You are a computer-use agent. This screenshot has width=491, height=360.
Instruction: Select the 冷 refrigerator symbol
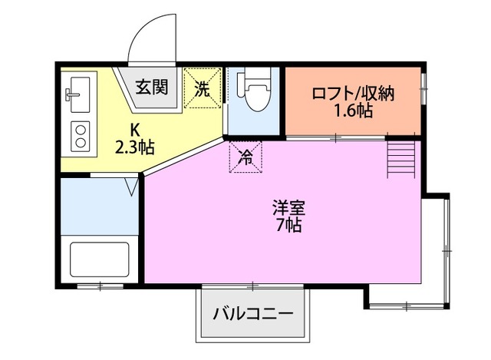(x=246, y=157)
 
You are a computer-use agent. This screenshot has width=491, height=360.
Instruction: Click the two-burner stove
(x=80, y=136)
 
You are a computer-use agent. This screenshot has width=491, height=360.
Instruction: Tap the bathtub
(x=99, y=261)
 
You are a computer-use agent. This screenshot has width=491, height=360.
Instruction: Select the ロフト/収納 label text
(x=352, y=94)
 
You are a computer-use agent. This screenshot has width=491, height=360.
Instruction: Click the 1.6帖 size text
(x=352, y=112)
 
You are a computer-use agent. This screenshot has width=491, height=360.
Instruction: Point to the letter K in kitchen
(x=135, y=128)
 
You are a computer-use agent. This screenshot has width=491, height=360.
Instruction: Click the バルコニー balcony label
(x=252, y=313)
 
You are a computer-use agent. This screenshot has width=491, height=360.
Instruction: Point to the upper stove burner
(x=80, y=128)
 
